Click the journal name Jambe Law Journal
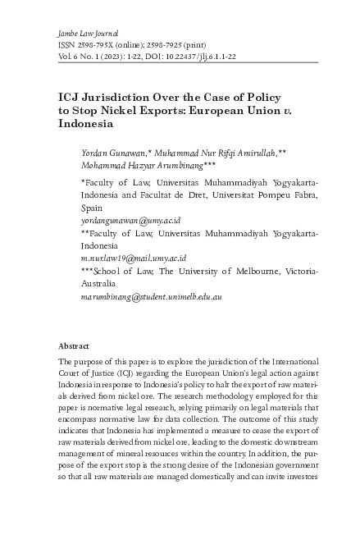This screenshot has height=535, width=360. pos(88,30)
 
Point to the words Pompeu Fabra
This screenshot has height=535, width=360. pos(287,196)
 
